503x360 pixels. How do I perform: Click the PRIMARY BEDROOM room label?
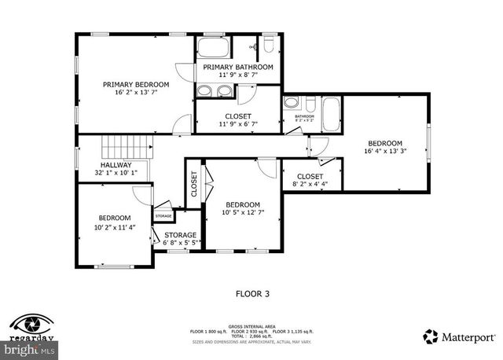pos(136,84)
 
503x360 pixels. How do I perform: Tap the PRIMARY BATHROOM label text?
pos(238,68)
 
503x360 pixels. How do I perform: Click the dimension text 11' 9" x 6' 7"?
pos(238,124)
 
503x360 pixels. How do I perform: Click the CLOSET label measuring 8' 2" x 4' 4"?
pos(310,177)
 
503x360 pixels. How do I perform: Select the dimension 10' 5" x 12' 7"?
pos(243,212)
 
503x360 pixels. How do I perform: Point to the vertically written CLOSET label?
pos(194,184)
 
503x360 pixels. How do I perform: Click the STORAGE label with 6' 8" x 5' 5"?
pos(180,235)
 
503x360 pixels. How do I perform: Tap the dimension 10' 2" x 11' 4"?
pos(114,227)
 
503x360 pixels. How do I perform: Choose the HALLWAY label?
pos(116,164)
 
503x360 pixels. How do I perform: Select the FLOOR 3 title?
pos(252,294)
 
